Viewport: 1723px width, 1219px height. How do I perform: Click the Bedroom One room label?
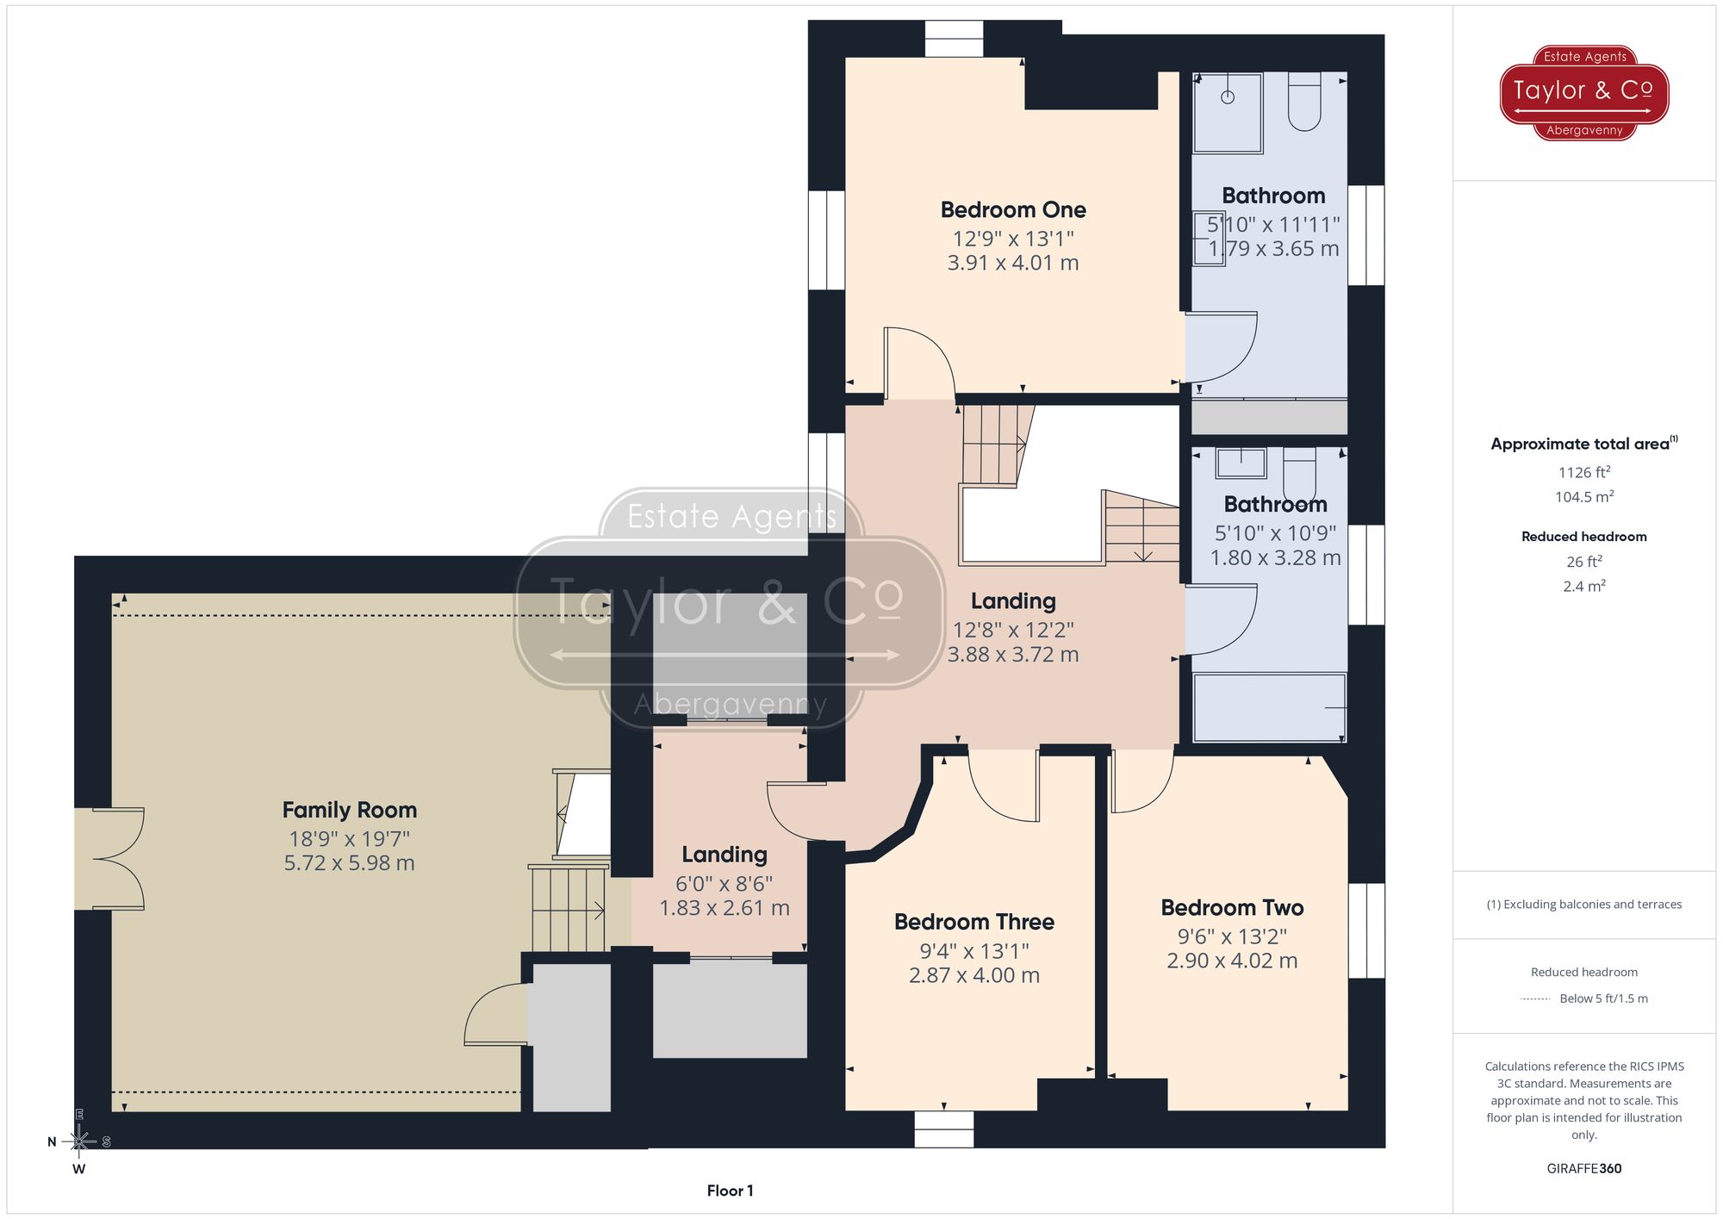click(x=1012, y=209)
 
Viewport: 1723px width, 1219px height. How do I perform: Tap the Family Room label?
click(x=349, y=810)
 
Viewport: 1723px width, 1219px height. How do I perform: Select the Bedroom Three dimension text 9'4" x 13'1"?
click(x=973, y=950)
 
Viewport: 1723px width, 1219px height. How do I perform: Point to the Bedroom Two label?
click(x=1231, y=907)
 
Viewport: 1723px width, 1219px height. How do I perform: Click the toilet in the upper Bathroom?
click(x=1304, y=102)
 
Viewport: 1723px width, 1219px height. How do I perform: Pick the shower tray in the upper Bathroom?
click(x=1228, y=112)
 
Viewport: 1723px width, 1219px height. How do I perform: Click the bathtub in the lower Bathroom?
click(x=1268, y=707)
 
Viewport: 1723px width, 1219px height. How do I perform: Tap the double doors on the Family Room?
click(x=116, y=859)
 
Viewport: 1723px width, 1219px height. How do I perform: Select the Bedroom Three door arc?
click(x=1004, y=788)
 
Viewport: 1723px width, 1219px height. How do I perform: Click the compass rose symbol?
click(x=79, y=1141)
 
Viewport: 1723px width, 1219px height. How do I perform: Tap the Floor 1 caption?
click(x=730, y=1191)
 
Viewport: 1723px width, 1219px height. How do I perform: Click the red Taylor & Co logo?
click(x=1583, y=92)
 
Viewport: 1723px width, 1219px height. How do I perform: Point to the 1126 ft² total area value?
click(x=1583, y=472)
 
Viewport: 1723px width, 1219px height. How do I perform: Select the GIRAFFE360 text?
click(x=1583, y=1168)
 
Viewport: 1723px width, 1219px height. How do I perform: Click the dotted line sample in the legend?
click(x=1535, y=999)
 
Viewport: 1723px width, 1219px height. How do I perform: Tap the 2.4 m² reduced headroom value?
click(x=1583, y=586)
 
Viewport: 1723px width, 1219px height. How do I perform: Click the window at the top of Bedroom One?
click(x=954, y=39)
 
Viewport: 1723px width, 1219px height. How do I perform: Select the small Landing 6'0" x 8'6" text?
click(x=724, y=883)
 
